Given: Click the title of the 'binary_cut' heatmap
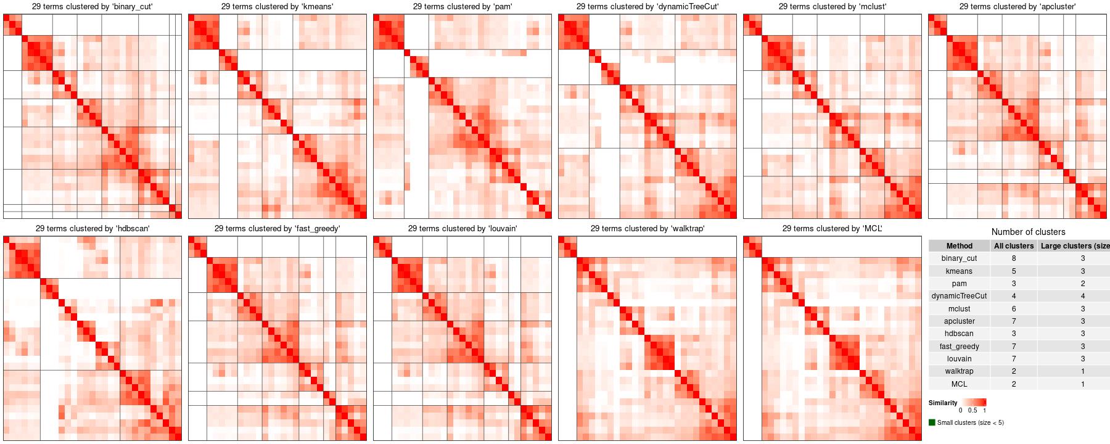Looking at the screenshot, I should pyautogui.click(x=92, y=7).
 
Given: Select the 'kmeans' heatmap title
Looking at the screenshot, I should pyautogui.click(x=277, y=7).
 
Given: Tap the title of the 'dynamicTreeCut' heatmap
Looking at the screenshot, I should pyautogui.click(x=647, y=7).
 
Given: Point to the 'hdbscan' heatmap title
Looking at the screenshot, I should pyautogui.click(x=92, y=229).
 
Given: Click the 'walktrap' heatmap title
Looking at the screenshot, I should pyautogui.click(x=647, y=229).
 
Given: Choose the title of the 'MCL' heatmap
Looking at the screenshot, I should pyautogui.click(x=832, y=229).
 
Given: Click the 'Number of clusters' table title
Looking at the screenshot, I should pyautogui.click(x=1028, y=232).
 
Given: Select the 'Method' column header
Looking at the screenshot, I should pyautogui.click(x=959, y=246).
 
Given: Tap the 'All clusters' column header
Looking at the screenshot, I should pyautogui.click(x=1014, y=246).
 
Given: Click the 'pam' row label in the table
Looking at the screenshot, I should pyautogui.click(x=959, y=284).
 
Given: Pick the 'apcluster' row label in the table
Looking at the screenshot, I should pyautogui.click(x=959, y=321).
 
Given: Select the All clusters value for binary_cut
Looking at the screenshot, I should pyautogui.click(x=1014, y=258).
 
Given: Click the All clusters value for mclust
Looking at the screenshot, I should pyautogui.click(x=1014, y=308).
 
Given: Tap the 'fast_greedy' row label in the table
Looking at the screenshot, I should pyautogui.click(x=959, y=347).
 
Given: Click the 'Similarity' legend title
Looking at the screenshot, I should pyautogui.click(x=943, y=403).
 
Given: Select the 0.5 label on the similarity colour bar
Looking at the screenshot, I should pyautogui.click(x=972, y=410).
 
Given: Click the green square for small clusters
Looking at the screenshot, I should pyautogui.click(x=932, y=422).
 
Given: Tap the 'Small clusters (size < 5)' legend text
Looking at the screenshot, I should pyautogui.click(x=970, y=423).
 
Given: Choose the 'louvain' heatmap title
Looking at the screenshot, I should pyautogui.click(x=462, y=229).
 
